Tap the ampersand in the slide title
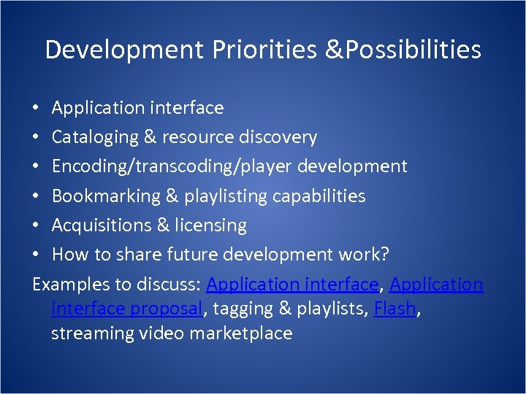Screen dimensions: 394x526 (x=335, y=50)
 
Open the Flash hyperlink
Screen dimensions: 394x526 (x=394, y=309)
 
